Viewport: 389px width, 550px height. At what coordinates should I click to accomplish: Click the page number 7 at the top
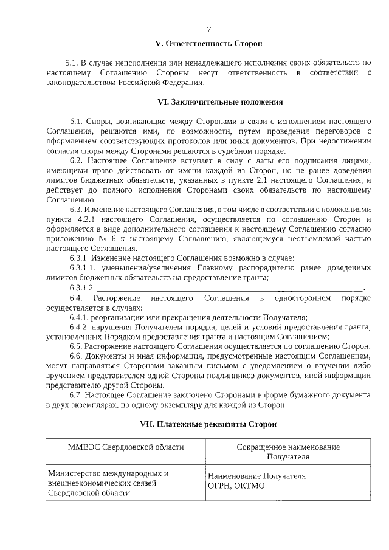[x=208, y=29]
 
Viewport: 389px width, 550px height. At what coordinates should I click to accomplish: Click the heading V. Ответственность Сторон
[x=208, y=44]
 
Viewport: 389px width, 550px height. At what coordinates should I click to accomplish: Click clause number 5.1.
[x=72, y=63]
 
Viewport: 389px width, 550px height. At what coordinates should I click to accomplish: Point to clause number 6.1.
[x=77, y=122]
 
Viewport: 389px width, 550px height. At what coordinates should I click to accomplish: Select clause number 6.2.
[x=77, y=160]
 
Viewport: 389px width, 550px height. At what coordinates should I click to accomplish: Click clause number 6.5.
[x=77, y=346]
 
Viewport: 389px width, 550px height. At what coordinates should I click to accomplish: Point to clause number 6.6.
[x=77, y=356]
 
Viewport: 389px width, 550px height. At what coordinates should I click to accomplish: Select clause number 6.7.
[x=77, y=394]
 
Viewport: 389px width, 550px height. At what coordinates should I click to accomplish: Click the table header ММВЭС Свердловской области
[x=125, y=447]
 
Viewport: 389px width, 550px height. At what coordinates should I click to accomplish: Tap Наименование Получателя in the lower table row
[x=256, y=477]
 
